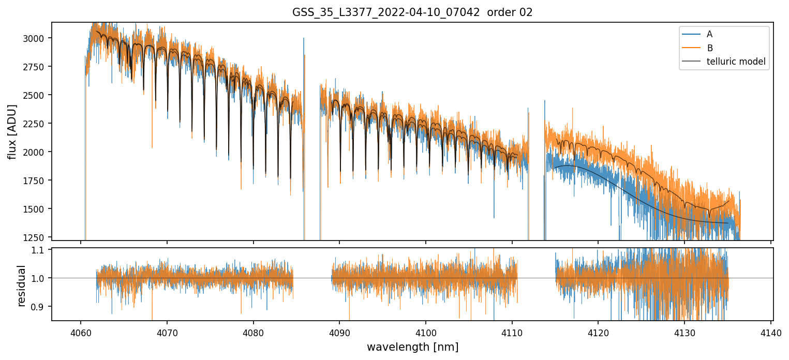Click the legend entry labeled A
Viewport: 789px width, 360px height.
pyautogui.click(x=709, y=34)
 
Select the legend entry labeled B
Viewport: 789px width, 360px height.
pyautogui.click(x=709, y=48)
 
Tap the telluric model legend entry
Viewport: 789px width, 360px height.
pyautogui.click(x=736, y=63)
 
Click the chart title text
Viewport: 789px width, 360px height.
pyautogui.click(x=412, y=12)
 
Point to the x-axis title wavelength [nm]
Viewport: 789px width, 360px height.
pyautogui.click(x=412, y=347)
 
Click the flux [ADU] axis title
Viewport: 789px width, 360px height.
pyautogui.click(x=12, y=131)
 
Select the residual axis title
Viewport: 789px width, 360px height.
pyautogui.click(x=21, y=286)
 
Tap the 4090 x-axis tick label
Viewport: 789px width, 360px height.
pyautogui.click(x=339, y=332)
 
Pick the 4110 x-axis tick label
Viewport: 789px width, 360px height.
pyautogui.click(x=512, y=332)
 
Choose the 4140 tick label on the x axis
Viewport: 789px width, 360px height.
pyautogui.click(x=771, y=332)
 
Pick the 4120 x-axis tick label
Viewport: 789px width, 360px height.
pyautogui.click(x=598, y=332)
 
